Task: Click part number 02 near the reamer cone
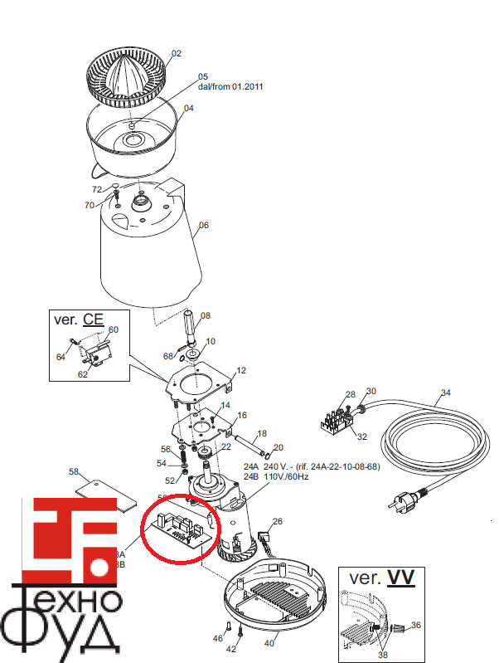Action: point(176,53)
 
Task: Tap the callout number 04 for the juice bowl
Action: point(188,108)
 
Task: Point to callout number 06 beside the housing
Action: point(204,225)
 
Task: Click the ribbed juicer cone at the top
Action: point(126,72)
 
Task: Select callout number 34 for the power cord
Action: point(445,392)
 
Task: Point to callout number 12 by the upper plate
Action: point(242,370)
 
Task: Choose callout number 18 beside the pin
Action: point(262,433)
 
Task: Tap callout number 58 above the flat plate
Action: point(74,472)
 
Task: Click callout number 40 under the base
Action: point(269,643)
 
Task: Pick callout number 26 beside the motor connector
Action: point(278,522)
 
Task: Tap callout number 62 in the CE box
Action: point(82,374)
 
